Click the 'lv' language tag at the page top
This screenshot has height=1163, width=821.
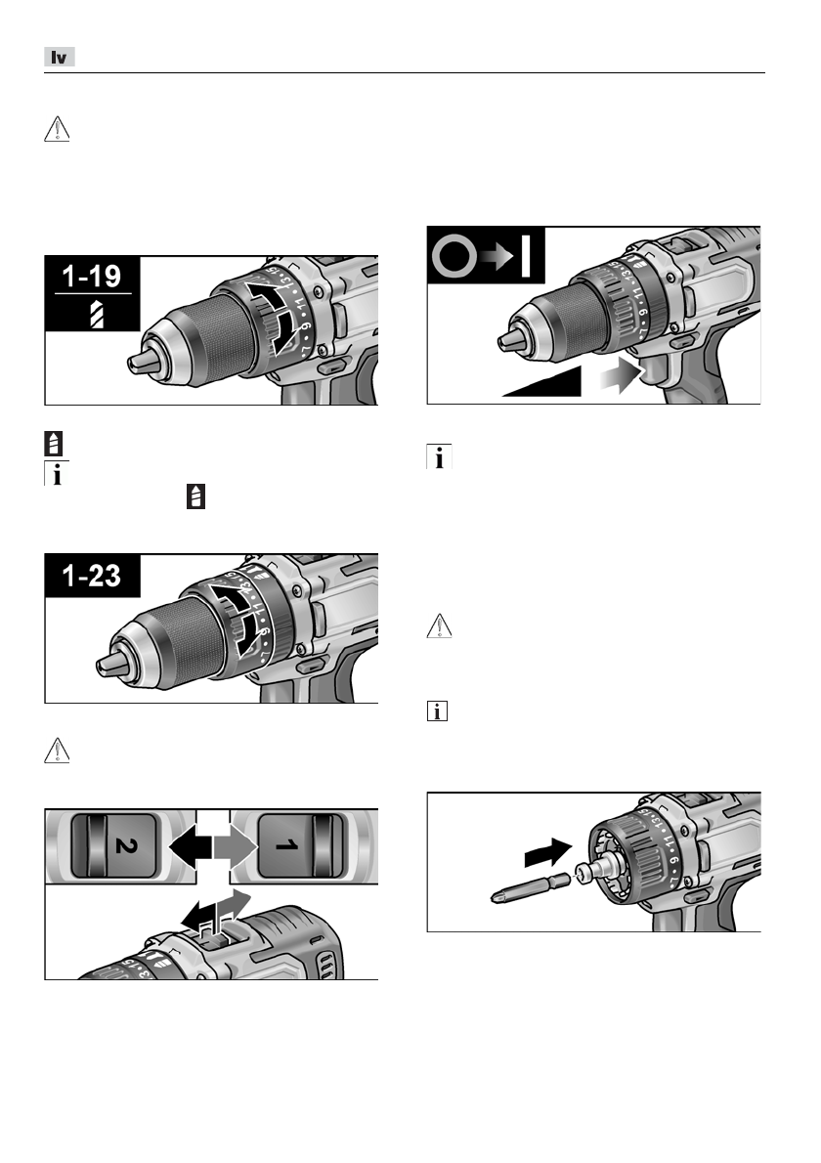61,58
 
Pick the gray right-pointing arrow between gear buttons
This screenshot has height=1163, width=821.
236,842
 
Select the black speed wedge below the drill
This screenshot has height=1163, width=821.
543,384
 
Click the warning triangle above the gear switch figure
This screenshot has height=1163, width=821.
57,749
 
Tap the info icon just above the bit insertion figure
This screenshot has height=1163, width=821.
436,714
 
